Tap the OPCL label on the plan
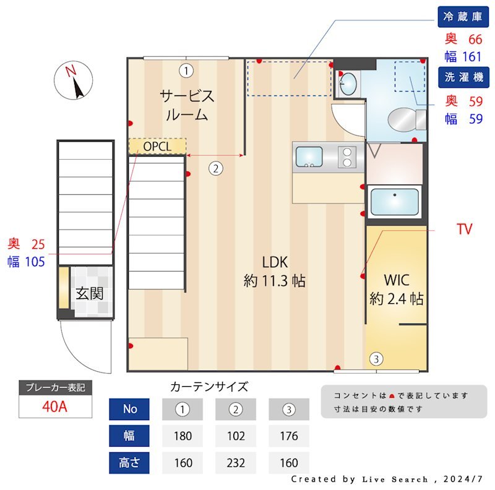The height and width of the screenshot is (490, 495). (x=157, y=146)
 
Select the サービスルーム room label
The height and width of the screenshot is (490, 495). (x=187, y=105)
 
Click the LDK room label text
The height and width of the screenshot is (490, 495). (x=275, y=270)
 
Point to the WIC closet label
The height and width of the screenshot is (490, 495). (x=396, y=288)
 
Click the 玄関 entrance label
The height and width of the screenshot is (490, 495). (x=90, y=293)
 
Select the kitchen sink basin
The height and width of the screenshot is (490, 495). (x=309, y=157)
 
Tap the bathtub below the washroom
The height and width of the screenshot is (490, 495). (x=394, y=202)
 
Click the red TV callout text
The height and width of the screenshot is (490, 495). (x=464, y=230)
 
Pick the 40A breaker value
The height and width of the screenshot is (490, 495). (x=56, y=406)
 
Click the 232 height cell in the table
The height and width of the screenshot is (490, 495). (x=235, y=462)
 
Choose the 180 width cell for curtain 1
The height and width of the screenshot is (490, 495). (x=183, y=436)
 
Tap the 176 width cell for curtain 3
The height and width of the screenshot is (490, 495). (x=288, y=436)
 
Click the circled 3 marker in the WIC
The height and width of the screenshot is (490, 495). (x=376, y=358)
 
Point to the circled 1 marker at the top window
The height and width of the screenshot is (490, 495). (x=186, y=70)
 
